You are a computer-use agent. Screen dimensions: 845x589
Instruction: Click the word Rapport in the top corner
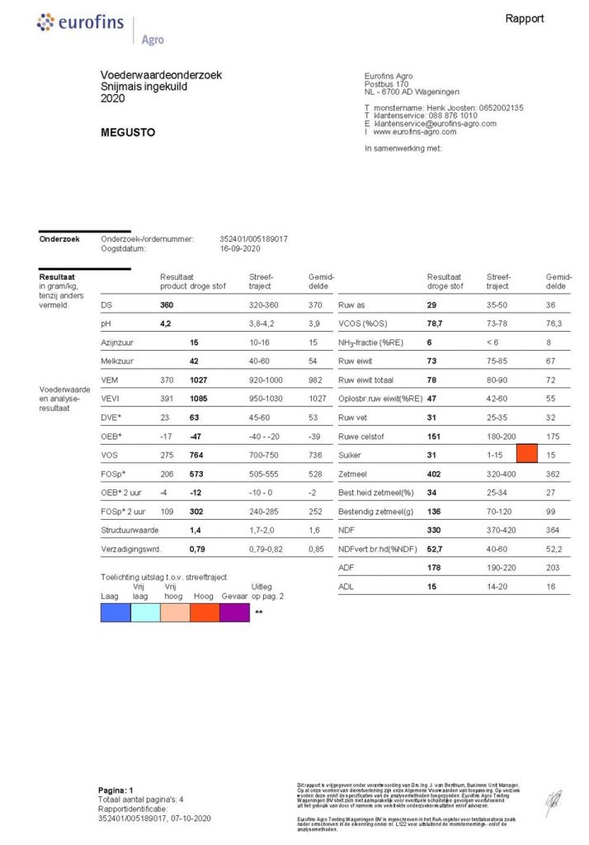click(x=525, y=18)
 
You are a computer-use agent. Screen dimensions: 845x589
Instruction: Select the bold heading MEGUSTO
click(x=128, y=132)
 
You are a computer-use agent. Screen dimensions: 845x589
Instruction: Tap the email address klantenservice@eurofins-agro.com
click(x=435, y=124)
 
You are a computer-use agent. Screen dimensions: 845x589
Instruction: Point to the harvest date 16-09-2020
click(x=240, y=248)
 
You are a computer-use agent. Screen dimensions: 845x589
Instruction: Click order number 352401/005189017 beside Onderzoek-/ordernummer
click(x=254, y=239)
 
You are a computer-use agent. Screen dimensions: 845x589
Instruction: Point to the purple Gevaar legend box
click(x=235, y=612)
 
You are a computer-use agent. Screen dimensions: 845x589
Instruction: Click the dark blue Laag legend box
click(x=115, y=612)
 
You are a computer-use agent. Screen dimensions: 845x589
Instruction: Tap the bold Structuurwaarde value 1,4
click(x=196, y=532)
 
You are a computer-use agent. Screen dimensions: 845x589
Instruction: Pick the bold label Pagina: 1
click(x=115, y=790)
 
